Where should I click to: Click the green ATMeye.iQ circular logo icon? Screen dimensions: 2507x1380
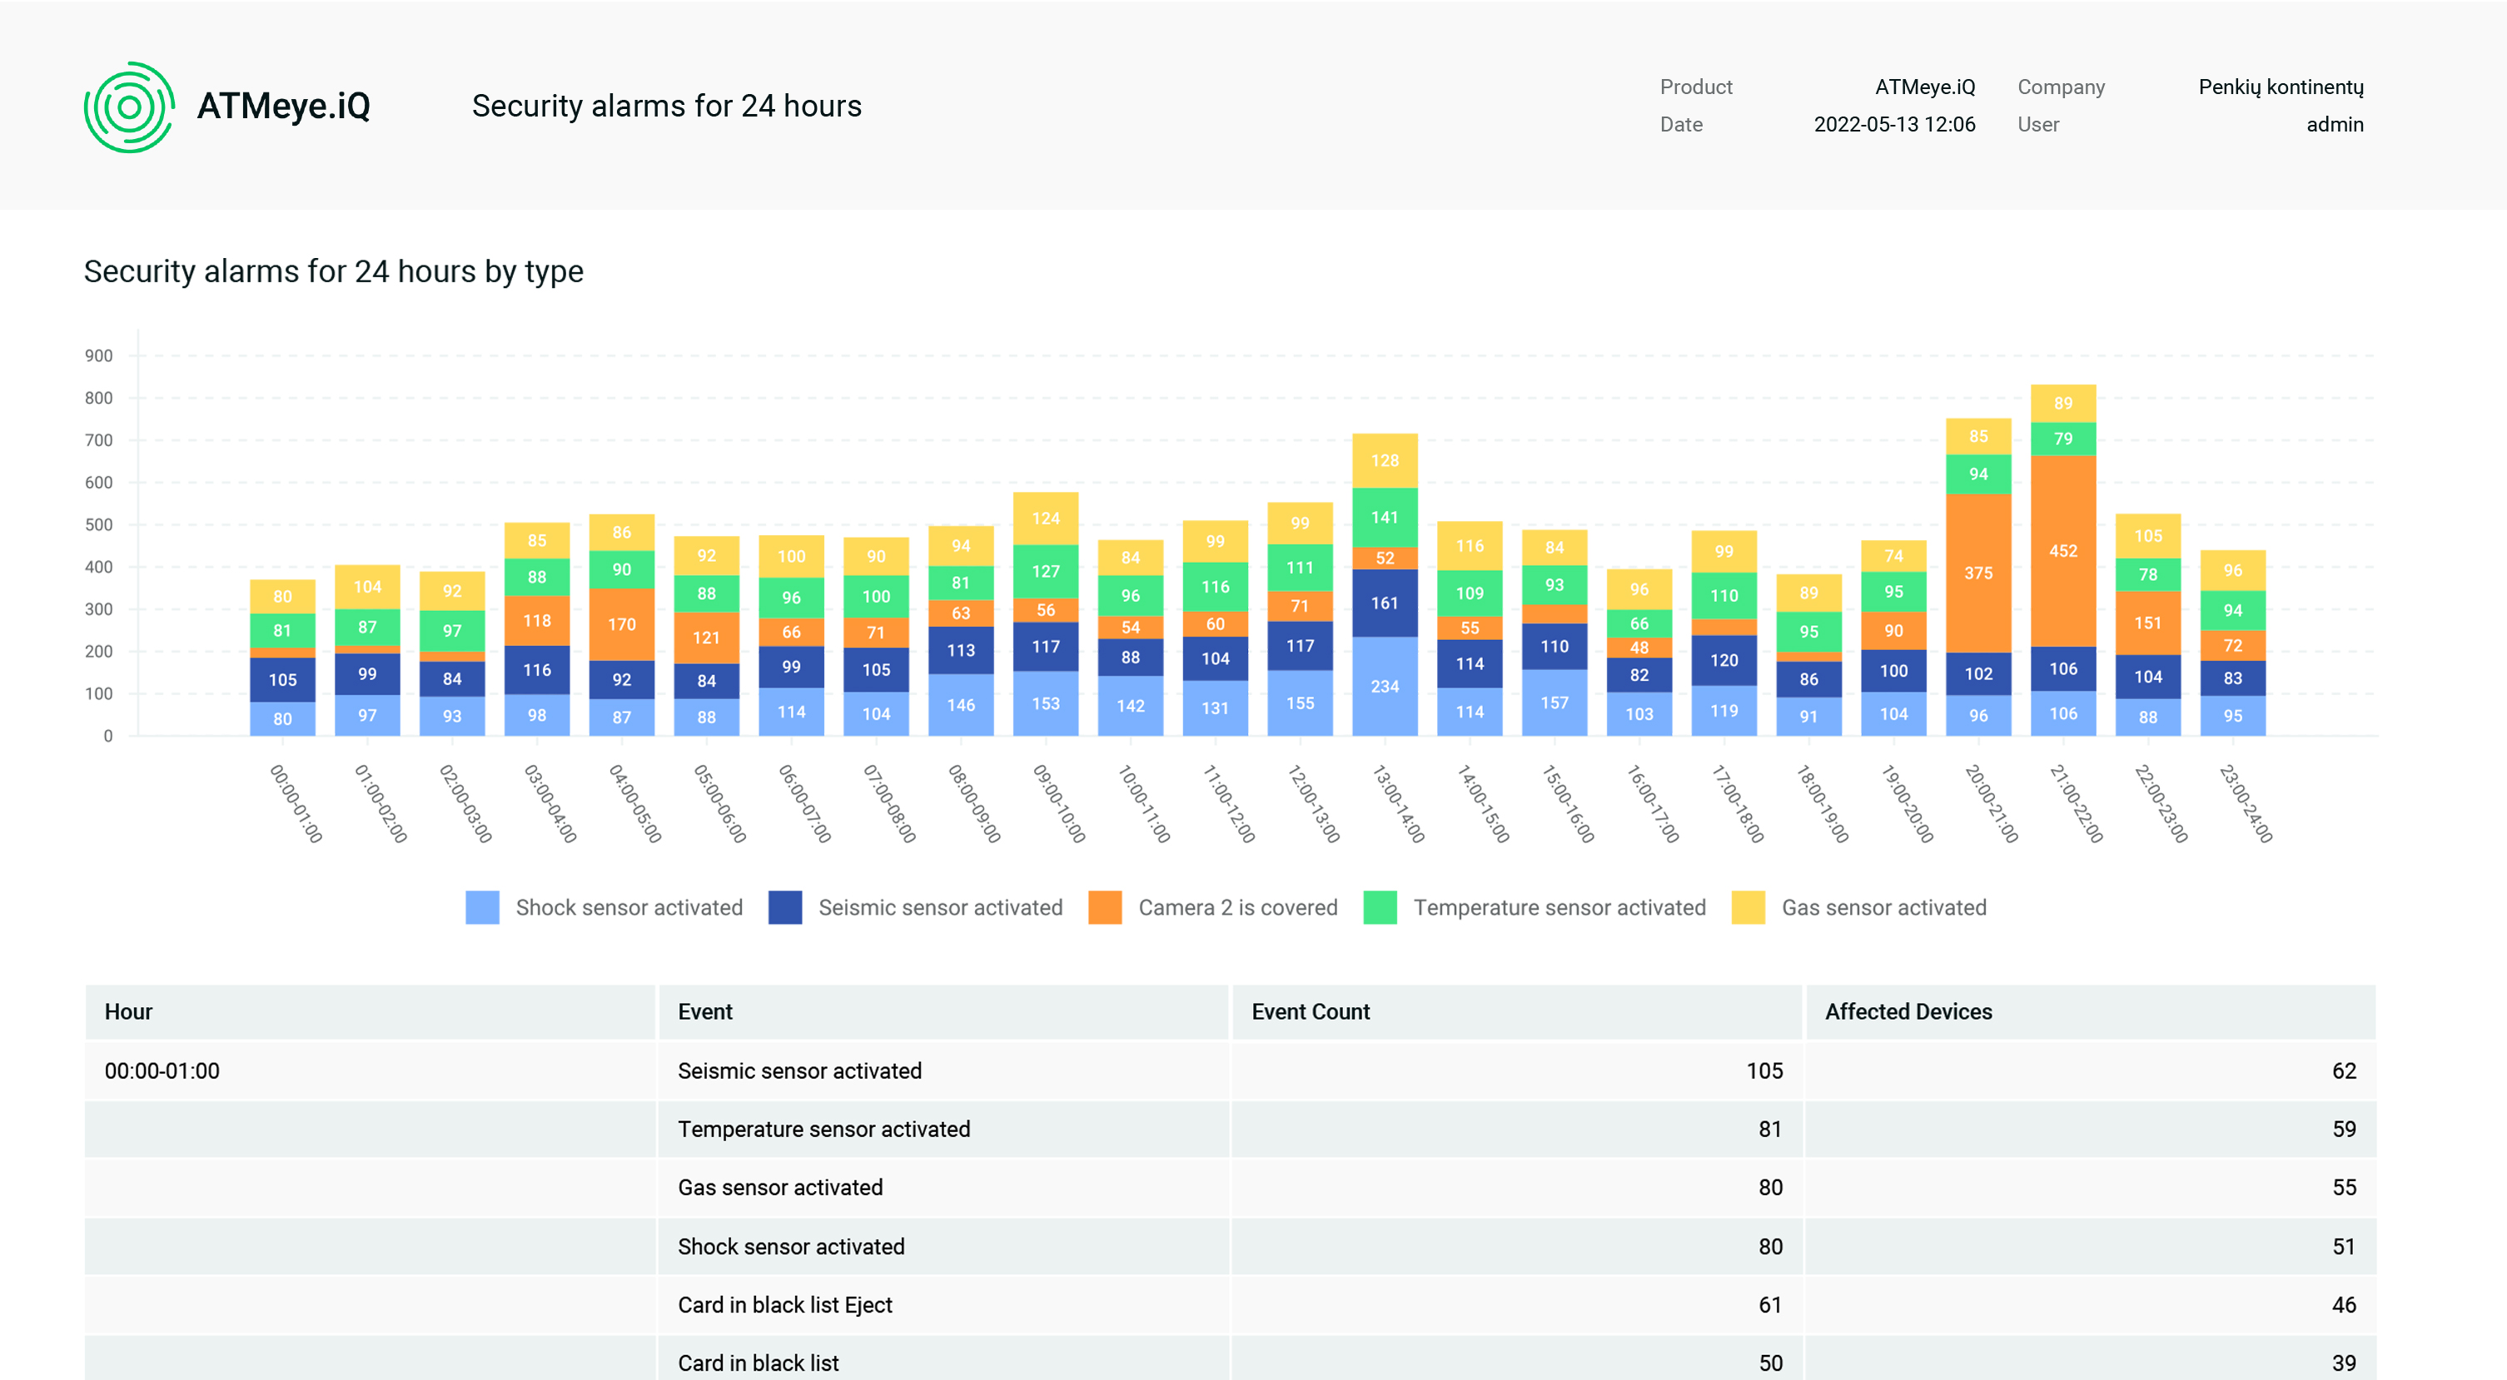(129, 107)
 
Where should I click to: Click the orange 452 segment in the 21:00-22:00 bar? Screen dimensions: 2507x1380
(2062, 551)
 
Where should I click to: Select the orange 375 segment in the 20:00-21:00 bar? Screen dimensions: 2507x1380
(1977, 573)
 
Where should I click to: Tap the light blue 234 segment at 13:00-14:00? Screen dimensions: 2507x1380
(1384, 686)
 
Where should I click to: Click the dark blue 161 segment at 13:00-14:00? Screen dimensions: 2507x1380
(1384, 603)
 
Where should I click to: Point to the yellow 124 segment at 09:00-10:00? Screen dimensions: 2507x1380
(1045, 519)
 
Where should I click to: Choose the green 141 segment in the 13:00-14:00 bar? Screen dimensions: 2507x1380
(1384, 518)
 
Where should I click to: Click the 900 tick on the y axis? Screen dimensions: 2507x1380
(98, 356)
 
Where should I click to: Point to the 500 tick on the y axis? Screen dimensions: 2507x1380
(98, 524)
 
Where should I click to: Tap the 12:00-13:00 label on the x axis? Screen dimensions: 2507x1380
(1313, 804)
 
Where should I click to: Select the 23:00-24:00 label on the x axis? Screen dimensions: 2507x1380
(2246, 804)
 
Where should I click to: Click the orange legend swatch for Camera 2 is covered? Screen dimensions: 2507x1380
(1105, 907)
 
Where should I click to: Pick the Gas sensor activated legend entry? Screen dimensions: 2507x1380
(1859, 907)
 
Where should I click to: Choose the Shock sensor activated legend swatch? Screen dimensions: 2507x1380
(483, 907)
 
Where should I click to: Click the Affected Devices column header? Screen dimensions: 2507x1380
(1908, 1012)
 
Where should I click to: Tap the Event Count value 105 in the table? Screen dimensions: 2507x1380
(1764, 1070)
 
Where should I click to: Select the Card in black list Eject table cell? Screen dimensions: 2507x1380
(784, 1305)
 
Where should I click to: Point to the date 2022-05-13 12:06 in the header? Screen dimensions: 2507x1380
(1894, 125)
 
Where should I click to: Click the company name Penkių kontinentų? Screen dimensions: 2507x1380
(2281, 87)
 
